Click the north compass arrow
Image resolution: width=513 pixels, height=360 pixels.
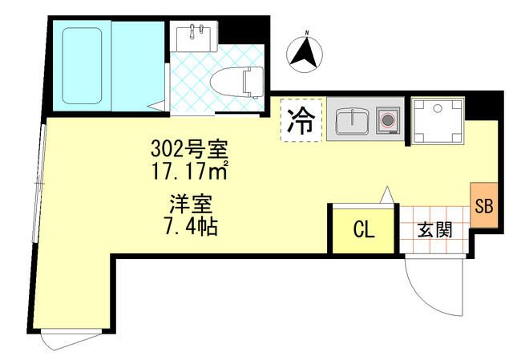305,54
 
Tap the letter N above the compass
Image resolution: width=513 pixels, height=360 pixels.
305,34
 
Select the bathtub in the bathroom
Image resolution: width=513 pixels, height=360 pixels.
82,64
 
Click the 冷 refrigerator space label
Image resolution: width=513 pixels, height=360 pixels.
301,120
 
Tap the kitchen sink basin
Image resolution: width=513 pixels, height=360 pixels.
351,122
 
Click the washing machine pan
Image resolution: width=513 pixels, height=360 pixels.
438,120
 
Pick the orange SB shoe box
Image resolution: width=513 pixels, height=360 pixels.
483,205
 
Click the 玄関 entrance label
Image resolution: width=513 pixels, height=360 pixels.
434,229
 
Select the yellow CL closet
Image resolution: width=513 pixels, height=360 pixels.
363,229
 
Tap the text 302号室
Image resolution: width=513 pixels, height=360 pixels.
189,149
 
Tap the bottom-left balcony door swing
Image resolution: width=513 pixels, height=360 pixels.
67,342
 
